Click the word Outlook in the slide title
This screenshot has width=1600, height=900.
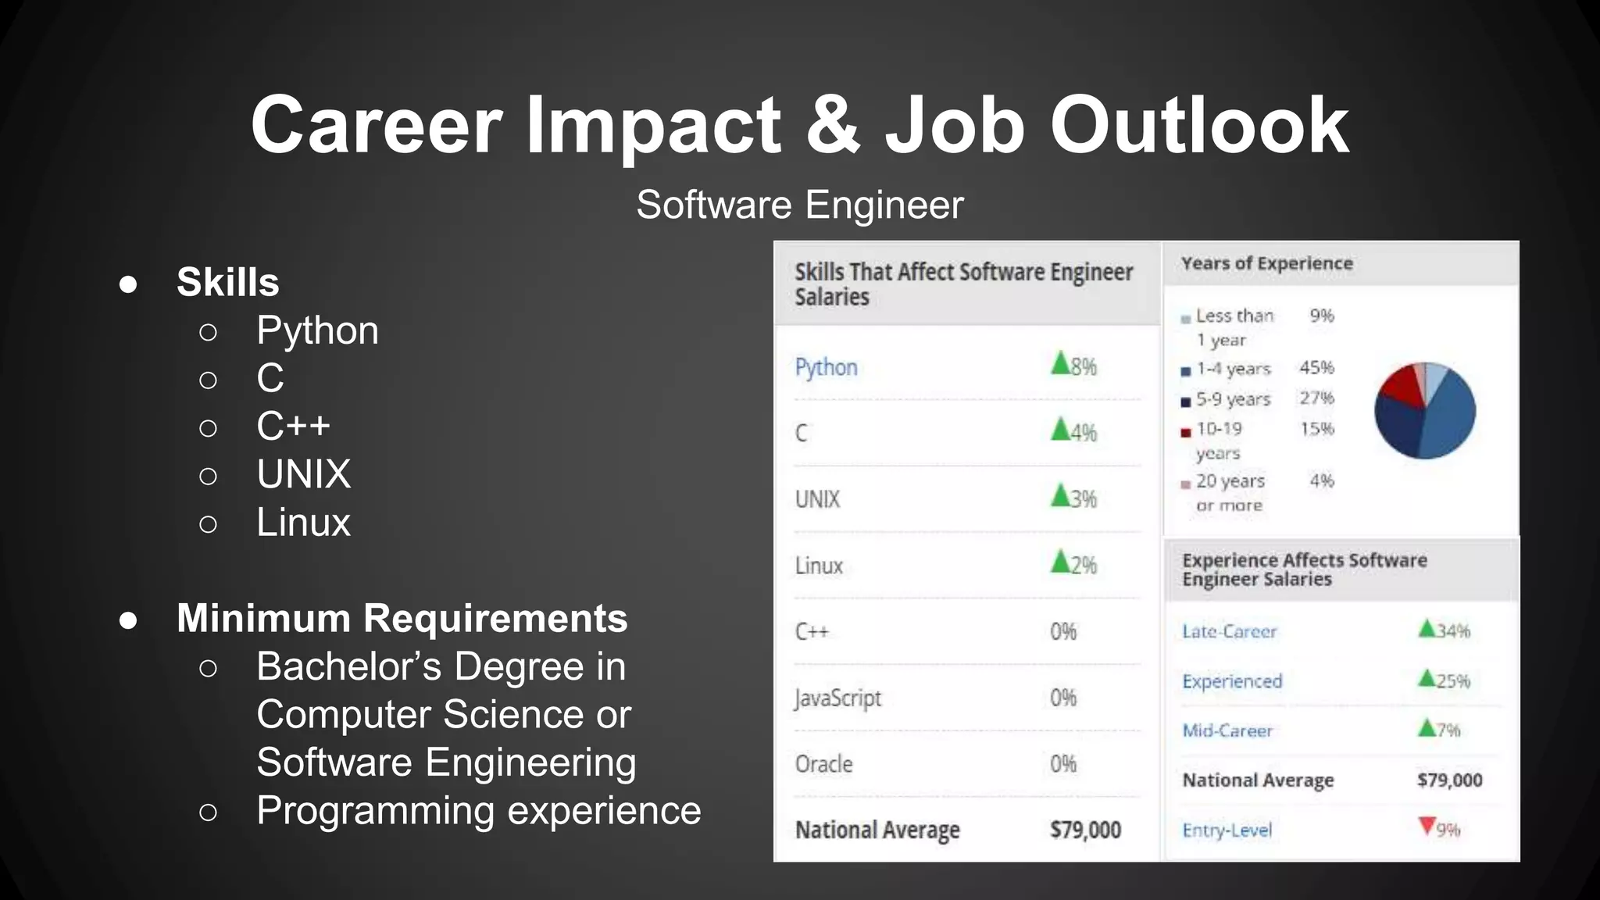[x=1199, y=126]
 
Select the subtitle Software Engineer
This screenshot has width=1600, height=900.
[x=799, y=205]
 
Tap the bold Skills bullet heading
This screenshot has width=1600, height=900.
[x=227, y=282]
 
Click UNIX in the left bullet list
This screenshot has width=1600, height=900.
[x=303, y=474]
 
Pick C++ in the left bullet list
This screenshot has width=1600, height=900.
[x=293, y=427]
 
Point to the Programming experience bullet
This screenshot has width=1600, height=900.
[x=478, y=811]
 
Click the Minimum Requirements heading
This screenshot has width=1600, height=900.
[x=402, y=619]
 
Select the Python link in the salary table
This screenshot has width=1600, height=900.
[x=826, y=367]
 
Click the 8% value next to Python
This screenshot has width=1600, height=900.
[x=1084, y=366]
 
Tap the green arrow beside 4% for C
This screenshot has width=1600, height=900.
[x=1060, y=429]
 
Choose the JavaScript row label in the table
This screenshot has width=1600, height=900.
[x=837, y=698]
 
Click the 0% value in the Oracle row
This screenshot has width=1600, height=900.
[x=1063, y=764]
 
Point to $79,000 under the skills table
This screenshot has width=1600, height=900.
[x=1085, y=830]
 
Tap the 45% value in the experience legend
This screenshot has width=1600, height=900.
[x=1316, y=367]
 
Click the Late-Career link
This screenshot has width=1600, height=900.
[x=1229, y=631]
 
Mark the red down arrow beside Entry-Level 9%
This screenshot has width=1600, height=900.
[x=1427, y=826]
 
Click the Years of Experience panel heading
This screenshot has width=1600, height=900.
[x=1266, y=263]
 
